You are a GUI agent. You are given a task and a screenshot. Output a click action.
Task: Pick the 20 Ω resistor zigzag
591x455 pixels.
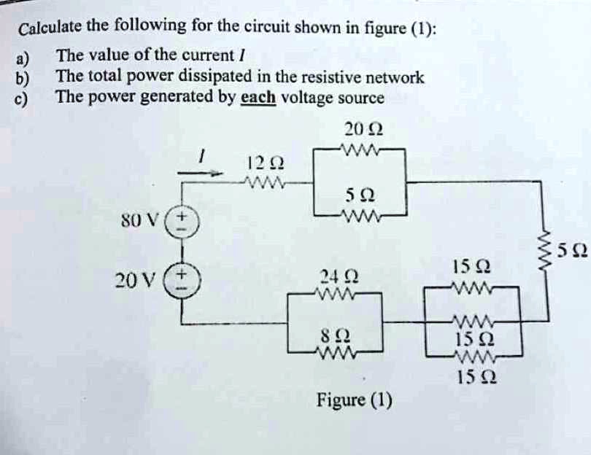click(x=359, y=151)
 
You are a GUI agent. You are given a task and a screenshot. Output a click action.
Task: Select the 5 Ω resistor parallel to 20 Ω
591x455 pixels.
click(x=359, y=216)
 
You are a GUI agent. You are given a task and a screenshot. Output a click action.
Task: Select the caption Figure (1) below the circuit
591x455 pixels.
click(x=354, y=400)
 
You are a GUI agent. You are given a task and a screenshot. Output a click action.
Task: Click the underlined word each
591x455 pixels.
click(x=257, y=97)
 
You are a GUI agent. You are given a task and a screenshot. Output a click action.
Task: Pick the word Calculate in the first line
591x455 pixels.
click(x=50, y=29)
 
